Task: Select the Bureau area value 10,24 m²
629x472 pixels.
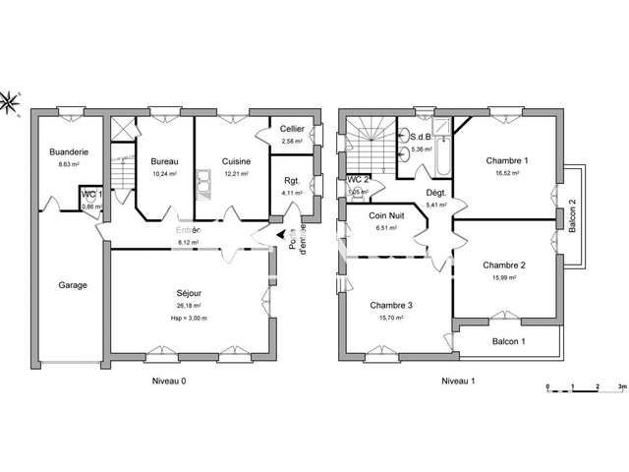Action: pyautogui.click(x=163, y=174)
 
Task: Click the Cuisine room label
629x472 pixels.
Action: pyautogui.click(x=236, y=161)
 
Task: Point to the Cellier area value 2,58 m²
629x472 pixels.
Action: pyautogui.click(x=292, y=142)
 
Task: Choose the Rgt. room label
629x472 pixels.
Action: pyautogui.click(x=292, y=180)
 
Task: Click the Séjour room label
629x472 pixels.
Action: pyautogui.click(x=190, y=293)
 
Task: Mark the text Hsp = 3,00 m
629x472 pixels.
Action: pyautogui.click(x=190, y=318)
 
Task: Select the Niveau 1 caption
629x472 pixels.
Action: pyautogui.click(x=458, y=380)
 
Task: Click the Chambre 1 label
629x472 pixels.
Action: pyautogui.click(x=507, y=160)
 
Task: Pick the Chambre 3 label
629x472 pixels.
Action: pyautogui.click(x=391, y=305)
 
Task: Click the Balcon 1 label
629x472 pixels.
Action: pyautogui.click(x=509, y=341)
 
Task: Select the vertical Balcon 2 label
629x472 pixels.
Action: pyautogui.click(x=572, y=214)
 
